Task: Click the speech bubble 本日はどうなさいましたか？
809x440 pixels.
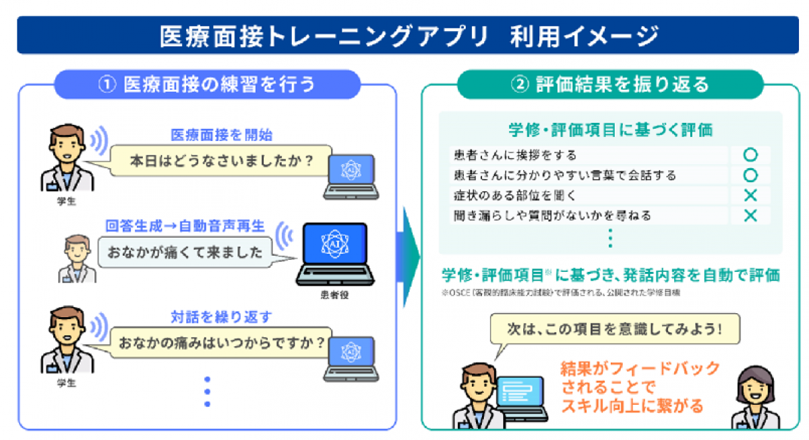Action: (222, 162)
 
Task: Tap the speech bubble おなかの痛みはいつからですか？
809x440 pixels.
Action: (222, 342)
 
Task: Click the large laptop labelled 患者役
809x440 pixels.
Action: (335, 252)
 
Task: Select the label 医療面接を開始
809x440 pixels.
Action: (222, 134)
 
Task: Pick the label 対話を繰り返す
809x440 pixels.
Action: (222, 317)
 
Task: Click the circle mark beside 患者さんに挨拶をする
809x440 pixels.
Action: (750, 155)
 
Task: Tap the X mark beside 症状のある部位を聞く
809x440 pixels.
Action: (750, 196)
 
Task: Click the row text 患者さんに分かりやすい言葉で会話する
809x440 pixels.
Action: (565, 175)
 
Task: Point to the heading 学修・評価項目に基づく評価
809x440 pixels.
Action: (610, 130)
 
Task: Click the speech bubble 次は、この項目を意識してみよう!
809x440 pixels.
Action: (613, 331)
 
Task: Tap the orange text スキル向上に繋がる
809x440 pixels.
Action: (632, 406)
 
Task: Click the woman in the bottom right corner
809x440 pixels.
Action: (755, 398)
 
